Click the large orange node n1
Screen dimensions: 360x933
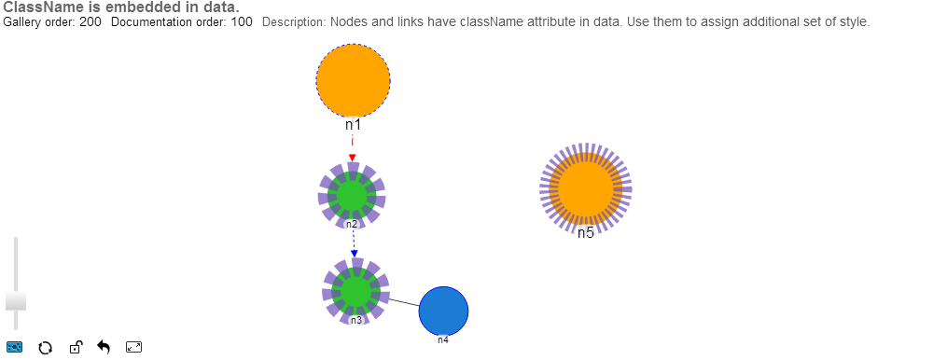[353, 81]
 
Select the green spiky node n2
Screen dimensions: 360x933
[352, 194]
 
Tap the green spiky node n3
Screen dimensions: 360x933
[355, 291]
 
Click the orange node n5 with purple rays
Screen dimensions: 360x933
[586, 188]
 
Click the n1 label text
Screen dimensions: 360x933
[353, 124]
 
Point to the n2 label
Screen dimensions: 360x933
[352, 225]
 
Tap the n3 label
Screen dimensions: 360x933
[355, 321]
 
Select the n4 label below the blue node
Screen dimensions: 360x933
[443, 340]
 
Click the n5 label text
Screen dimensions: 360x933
[585, 233]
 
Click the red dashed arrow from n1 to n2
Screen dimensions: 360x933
[353, 148]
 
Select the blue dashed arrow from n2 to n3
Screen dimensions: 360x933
[354, 244]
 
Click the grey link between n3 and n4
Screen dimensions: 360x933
[403, 302]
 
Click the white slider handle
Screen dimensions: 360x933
[16, 300]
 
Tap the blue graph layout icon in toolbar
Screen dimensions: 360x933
[15, 348]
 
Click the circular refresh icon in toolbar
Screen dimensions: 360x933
[43, 348]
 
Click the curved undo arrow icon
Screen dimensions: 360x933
[104, 348]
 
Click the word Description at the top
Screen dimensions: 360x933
[293, 21]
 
